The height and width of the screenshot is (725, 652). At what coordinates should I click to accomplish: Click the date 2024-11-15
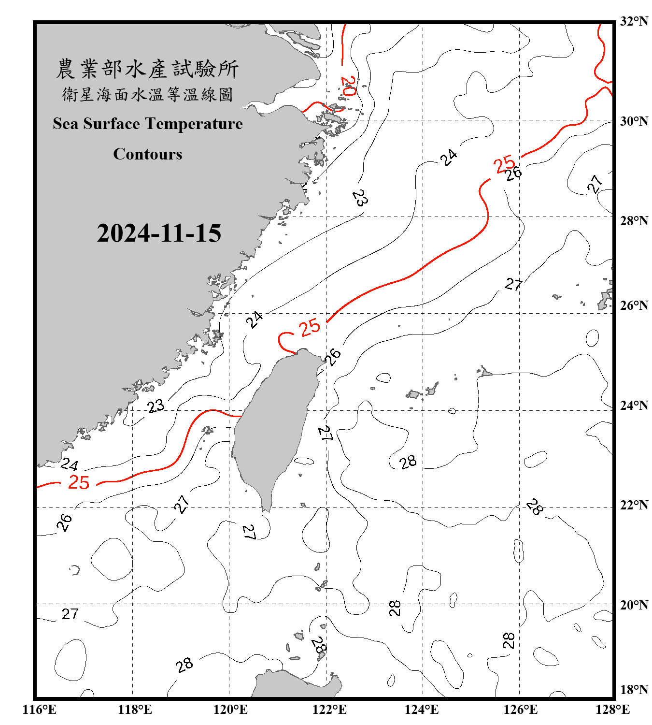point(159,233)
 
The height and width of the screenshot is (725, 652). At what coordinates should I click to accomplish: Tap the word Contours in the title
point(147,154)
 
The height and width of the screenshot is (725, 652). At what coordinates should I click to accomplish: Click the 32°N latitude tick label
point(634,21)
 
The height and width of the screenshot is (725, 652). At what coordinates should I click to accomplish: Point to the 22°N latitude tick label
point(634,505)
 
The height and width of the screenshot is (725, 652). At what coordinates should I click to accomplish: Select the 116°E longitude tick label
point(40,710)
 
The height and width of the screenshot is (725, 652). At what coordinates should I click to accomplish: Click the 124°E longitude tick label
point(422,710)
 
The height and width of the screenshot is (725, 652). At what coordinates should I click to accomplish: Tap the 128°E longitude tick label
point(612,710)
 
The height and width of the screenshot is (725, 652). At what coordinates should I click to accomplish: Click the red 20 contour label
point(348,86)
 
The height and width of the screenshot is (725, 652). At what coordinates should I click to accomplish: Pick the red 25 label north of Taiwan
point(309,328)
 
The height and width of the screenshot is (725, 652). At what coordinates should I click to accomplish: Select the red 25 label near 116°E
point(79,482)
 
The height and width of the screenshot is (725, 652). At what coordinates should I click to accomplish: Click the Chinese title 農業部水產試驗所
point(147,69)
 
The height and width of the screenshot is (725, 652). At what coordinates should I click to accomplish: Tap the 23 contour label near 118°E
point(156,406)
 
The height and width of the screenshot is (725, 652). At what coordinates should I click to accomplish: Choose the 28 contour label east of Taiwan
point(408,462)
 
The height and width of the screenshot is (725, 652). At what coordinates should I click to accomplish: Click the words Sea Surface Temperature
point(147,124)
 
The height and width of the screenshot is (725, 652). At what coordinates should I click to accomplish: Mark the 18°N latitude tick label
point(634,690)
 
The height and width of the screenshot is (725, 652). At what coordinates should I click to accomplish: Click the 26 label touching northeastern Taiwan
point(332,357)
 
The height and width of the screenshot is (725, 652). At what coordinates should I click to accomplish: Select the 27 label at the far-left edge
point(70,614)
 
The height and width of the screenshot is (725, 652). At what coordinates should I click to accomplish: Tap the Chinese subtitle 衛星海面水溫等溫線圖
point(147,94)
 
